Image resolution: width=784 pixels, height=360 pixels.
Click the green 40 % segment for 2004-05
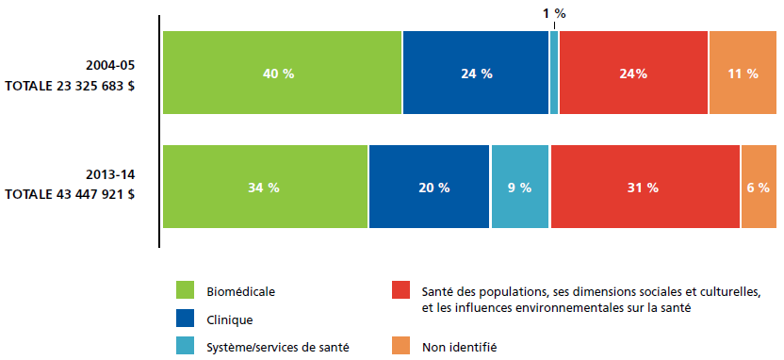click(282, 73)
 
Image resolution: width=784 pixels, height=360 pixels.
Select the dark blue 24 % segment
click(476, 73)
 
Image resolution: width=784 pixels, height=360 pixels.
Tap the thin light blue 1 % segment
click(554, 73)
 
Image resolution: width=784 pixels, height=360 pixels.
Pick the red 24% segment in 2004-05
click(633, 73)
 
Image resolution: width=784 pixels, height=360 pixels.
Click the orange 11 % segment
click(743, 73)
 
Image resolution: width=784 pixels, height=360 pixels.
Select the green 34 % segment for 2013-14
click(265, 187)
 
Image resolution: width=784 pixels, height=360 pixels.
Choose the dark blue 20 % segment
click(429, 187)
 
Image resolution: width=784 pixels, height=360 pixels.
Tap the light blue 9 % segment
click(520, 187)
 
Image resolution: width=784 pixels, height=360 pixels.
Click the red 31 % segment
click(645, 187)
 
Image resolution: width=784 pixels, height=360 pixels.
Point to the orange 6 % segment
click(759, 187)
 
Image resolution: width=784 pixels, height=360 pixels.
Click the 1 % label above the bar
click(554, 13)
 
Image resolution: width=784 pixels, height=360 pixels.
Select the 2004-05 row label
click(110, 65)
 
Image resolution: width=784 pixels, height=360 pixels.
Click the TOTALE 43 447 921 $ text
click(70, 194)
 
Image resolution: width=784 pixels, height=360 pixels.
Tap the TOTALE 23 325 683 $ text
click(70, 86)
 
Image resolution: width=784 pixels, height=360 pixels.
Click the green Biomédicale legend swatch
click(185, 290)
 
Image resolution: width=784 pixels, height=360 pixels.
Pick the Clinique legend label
click(230, 320)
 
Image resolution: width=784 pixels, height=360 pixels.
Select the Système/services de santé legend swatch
click(185, 346)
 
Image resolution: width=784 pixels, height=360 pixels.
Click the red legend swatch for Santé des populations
click(401, 290)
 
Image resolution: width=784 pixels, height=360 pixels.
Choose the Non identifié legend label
click(460, 347)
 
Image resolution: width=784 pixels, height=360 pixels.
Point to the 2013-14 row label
click(110, 174)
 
